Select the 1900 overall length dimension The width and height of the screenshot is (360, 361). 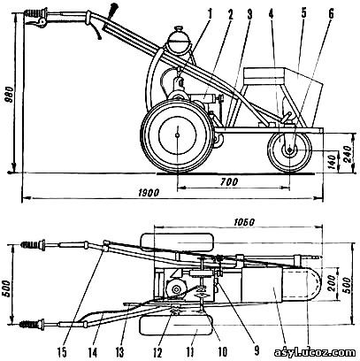click(x=149, y=193)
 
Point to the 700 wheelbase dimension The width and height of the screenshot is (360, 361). click(x=230, y=181)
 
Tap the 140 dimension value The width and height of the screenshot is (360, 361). click(x=333, y=161)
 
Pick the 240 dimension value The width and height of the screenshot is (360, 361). click(x=349, y=153)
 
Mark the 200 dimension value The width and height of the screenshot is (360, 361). click(x=333, y=284)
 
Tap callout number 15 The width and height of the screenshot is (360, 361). click(x=63, y=352)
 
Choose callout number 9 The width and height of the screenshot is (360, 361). click(x=257, y=351)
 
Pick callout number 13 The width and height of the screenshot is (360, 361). click(x=119, y=352)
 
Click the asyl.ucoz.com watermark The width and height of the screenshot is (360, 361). click(x=315, y=352)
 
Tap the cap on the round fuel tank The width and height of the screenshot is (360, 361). click(x=179, y=29)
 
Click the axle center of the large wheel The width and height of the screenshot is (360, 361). click(x=177, y=135)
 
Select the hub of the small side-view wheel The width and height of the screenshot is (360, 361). click(x=289, y=150)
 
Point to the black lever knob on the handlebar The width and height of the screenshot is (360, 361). click(x=112, y=11)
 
